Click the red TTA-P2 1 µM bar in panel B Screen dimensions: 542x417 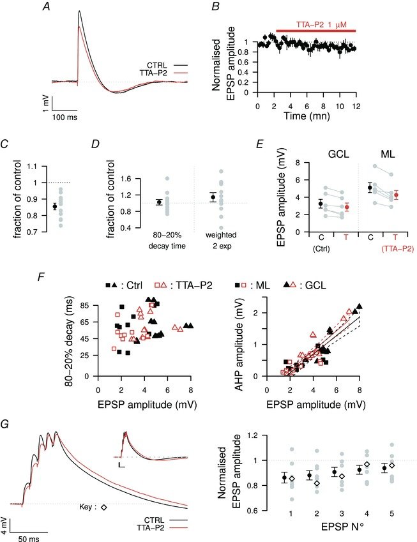coord(315,30)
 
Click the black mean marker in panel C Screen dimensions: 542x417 coord(55,206)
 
